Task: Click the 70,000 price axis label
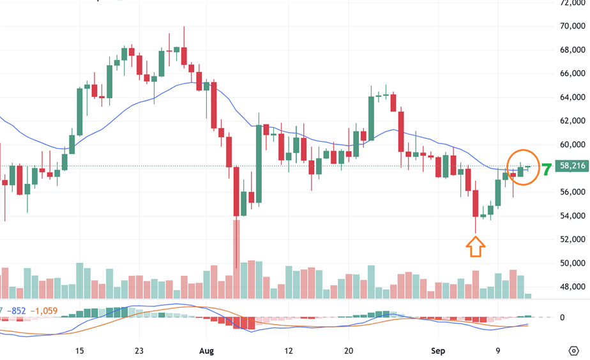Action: [570, 26]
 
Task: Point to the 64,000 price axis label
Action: [570, 97]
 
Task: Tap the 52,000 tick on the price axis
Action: [570, 239]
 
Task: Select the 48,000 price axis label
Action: [570, 287]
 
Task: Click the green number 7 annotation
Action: [547, 170]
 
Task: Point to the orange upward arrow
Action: [476, 246]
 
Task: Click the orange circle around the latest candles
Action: [523, 167]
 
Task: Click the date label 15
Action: [80, 351]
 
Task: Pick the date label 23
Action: [139, 351]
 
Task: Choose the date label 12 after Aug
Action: [289, 351]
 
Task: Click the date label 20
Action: [349, 351]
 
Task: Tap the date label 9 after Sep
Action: [497, 351]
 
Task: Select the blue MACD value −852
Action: [17, 311]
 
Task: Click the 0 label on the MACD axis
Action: [562, 317]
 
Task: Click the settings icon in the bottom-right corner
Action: [573, 350]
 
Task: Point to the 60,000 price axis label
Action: [570, 145]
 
